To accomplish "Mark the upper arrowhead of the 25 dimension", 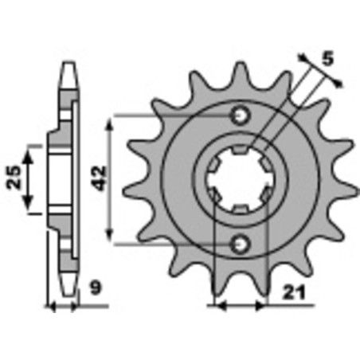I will click(31, 151).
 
